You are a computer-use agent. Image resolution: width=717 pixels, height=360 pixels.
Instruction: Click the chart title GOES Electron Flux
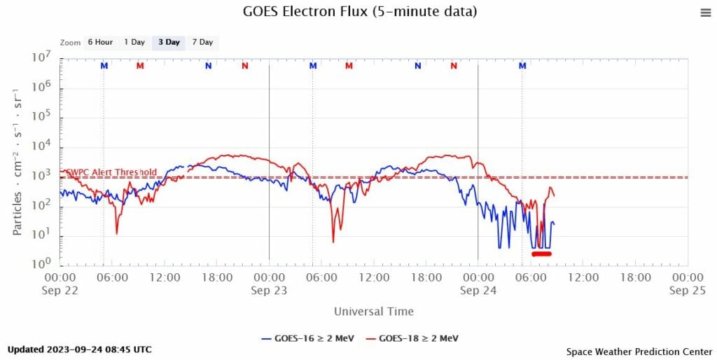tap(360, 12)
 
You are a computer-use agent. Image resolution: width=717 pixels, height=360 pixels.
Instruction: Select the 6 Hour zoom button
tap(100, 42)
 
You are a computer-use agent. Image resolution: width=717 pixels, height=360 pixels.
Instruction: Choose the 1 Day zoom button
tap(134, 42)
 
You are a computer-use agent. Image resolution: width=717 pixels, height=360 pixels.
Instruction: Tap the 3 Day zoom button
tap(169, 42)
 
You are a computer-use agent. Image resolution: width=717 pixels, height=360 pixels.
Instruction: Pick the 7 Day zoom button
tap(202, 42)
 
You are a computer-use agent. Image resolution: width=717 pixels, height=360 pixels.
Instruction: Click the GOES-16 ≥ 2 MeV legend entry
tap(309, 338)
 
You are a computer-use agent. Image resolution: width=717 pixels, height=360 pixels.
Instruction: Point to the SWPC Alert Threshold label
tap(111, 172)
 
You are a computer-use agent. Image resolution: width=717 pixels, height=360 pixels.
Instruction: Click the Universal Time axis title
tap(373, 311)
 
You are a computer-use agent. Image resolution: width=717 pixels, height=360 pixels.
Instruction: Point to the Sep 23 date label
tap(269, 290)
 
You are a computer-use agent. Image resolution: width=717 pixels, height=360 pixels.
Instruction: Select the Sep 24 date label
tap(478, 290)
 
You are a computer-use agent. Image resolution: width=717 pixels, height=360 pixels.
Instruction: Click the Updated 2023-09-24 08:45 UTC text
tap(79, 349)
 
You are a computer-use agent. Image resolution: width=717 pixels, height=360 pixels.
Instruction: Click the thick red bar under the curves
tap(541, 254)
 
